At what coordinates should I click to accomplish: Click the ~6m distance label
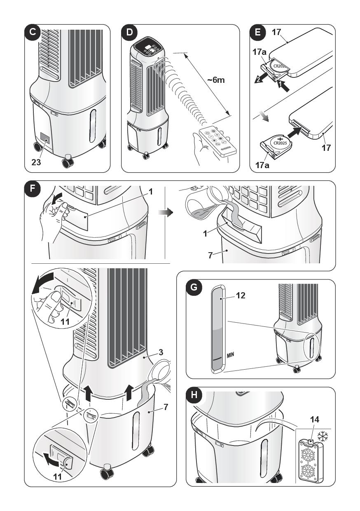pos(215,80)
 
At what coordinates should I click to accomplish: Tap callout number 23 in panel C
pos(36,162)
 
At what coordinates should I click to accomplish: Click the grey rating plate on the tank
pos(45,139)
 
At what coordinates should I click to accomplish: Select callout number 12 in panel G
pos(240,295)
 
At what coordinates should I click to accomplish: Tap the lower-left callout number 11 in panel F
pos(58,476)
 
